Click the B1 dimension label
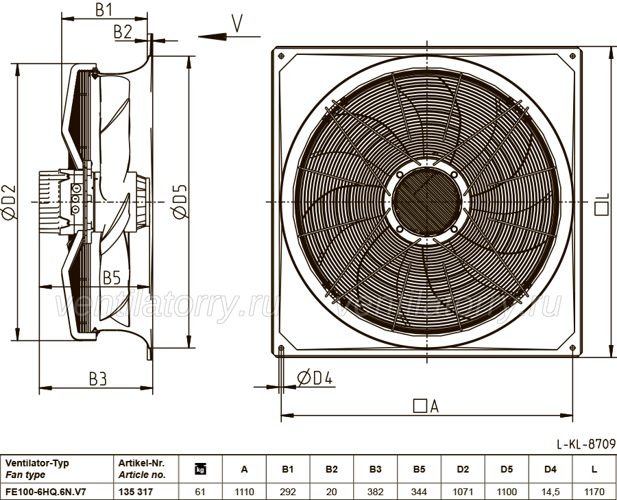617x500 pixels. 104,9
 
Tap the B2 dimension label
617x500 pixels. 123,32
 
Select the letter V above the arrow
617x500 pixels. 237,23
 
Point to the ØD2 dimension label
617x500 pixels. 9,202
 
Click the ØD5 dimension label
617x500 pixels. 180,202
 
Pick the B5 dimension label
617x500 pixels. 112,278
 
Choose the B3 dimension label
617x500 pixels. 98,379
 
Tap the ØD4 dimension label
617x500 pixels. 315,378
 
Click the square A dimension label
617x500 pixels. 426,406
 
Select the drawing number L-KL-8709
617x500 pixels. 586,444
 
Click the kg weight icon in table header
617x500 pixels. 200,469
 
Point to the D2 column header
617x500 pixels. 463,469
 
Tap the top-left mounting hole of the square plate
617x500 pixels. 280,56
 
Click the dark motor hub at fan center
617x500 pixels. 426,202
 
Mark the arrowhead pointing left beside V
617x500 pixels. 212,36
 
